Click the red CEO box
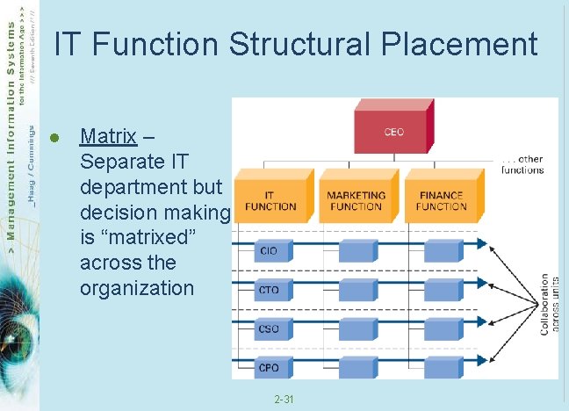pyautogui.click(x=392, y=133)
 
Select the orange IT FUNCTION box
pyautogui.click(x=270, y=200)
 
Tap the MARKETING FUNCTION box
pyautogui.click(x=356, y=200)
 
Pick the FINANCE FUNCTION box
pyautogui.click(x=441, y=200)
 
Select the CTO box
pyautogui.click(x=268, y=289)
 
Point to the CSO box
pyautogui.click(x=268, y=328)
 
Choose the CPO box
pyautogui.click(x=268, y=367)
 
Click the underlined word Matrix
pyautogui.click(x=107, y=136)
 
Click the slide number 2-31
pyautogui.click(x=284, y=400)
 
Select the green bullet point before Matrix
pyautogui.click(x=54, y=137)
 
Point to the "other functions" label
pyautogui.click(x=522, y=164)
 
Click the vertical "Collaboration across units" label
pyautogui.click(x=551, y=303)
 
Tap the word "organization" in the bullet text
pyautogui.click(x=136, y=288)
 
